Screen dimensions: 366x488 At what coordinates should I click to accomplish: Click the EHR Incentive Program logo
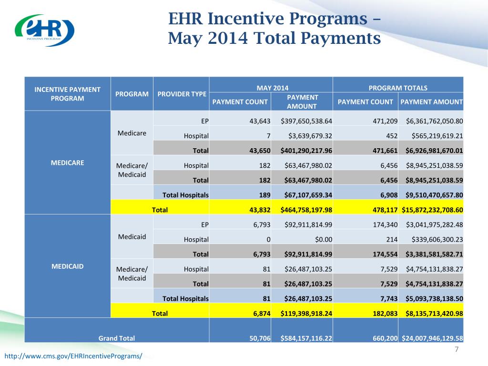coord(44,30)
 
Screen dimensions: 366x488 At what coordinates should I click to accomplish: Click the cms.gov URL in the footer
coord(73,356)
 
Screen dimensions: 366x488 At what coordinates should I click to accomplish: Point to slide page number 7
coord(457,350)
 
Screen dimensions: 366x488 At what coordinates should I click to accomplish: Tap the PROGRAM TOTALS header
coord(398,88)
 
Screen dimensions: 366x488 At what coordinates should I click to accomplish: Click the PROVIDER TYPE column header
coord(182,94)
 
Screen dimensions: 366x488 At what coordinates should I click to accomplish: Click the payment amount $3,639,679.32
coord(310,136)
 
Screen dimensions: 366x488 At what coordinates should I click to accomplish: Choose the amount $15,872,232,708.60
coord(432,209)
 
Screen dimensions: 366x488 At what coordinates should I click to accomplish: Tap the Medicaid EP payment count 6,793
coord(261,224)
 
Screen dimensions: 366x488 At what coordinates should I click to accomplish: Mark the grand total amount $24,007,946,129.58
coord(432,338)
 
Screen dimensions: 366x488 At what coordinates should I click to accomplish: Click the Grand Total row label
coord(116,338)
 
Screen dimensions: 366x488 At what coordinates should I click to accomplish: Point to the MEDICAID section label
coord(67,266)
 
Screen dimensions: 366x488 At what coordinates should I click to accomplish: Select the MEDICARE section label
coord(67,163)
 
